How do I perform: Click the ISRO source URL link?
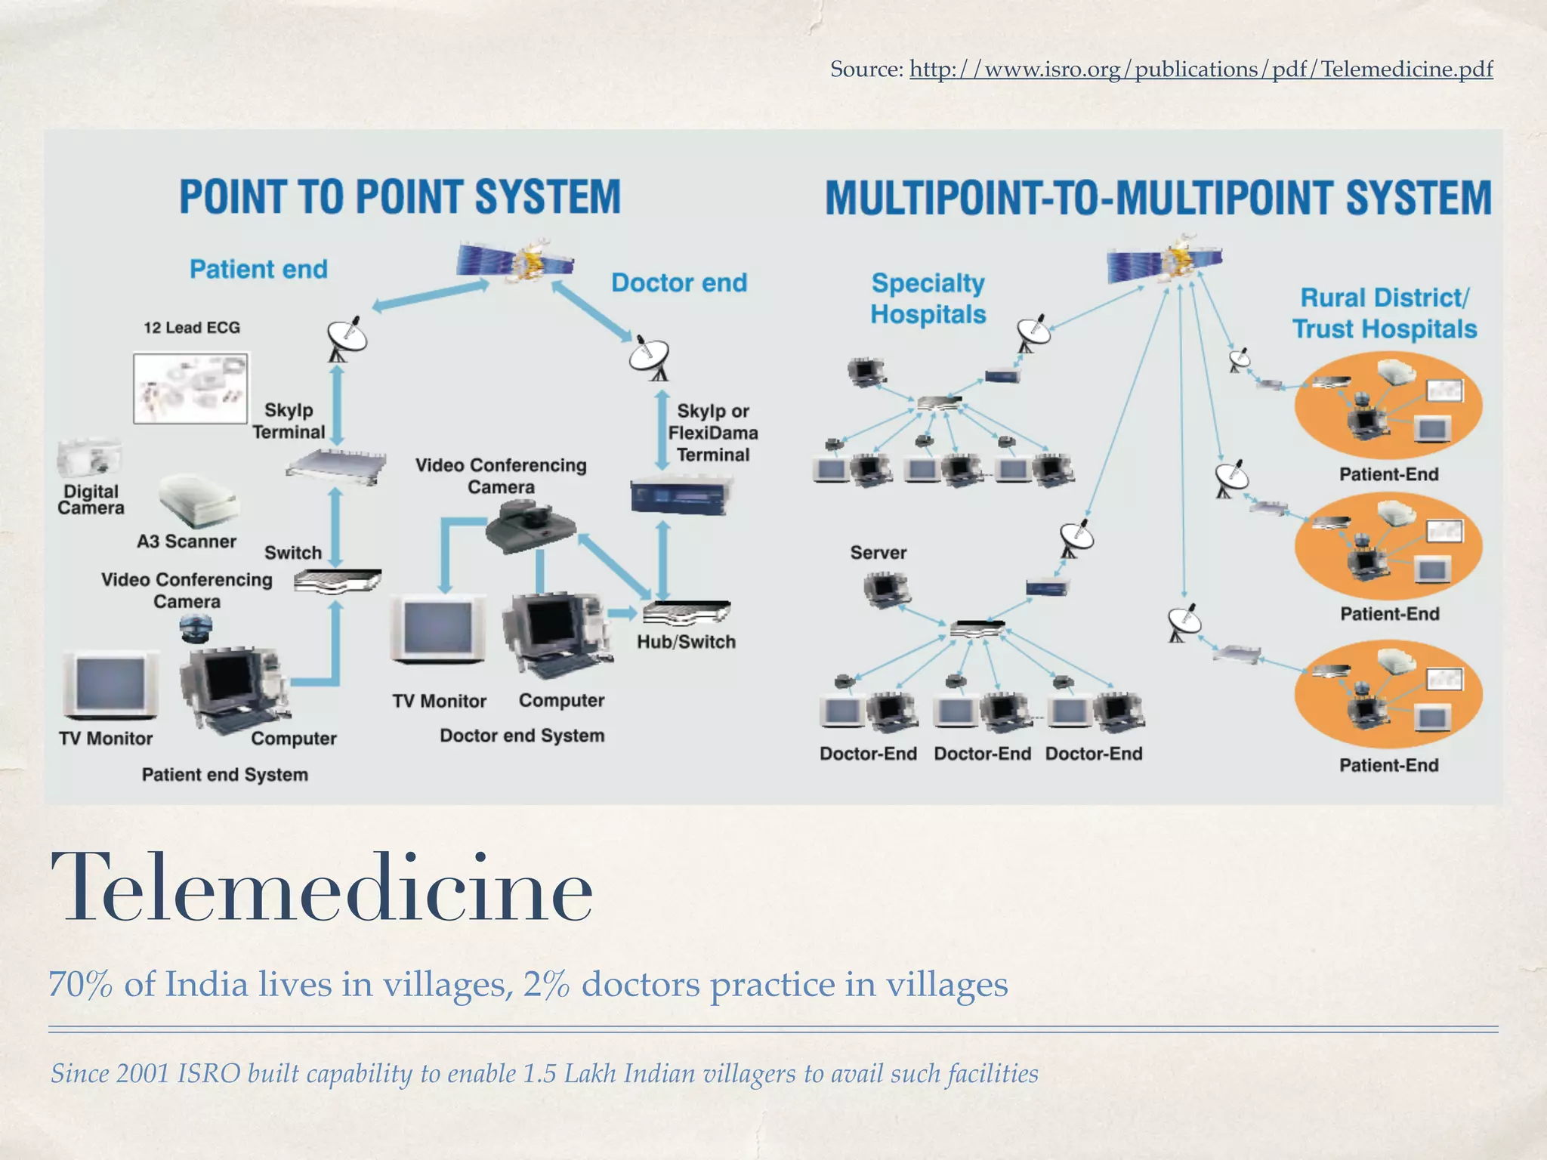click(1200, 69)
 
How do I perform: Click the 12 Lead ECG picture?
click(190, 387)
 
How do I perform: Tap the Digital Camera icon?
click(88, 458)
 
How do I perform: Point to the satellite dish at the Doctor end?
click(649, 357)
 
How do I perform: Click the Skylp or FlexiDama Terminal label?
click(712, 433)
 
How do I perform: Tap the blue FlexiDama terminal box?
click(681, 495)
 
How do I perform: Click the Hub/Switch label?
click(686, 642)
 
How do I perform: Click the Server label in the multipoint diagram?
click(878, 553)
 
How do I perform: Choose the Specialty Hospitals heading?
click(928, 298)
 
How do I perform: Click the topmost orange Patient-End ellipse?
click(1388, 406)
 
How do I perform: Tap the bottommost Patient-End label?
click(1388, 765)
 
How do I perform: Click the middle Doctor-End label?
click(982, 754)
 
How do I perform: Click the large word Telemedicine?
click(321, 887)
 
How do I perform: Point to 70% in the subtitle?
click(81, 985)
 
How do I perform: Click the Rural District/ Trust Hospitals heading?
click(1384, 313)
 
